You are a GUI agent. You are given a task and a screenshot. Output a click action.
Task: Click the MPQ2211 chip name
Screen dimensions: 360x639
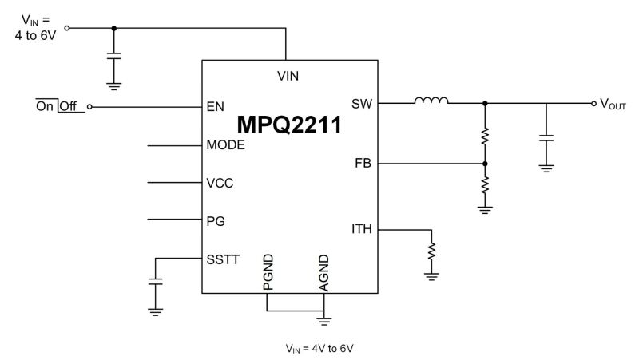(289, 125)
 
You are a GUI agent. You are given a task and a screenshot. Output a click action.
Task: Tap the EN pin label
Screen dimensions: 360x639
(214, 105)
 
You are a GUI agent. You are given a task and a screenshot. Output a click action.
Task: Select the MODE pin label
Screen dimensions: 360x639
(225, 145)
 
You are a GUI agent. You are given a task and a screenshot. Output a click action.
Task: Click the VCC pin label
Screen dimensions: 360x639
(220, 182)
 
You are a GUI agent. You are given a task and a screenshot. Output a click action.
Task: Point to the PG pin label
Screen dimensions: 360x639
(215, 220)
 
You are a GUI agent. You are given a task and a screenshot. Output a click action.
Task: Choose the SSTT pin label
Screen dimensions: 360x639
(222, 259)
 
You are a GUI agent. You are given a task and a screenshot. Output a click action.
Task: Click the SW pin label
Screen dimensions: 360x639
(362, 104)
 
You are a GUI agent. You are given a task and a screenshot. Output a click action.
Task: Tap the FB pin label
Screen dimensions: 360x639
(363, 164)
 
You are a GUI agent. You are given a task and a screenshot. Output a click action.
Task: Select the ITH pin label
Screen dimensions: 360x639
(361, 230)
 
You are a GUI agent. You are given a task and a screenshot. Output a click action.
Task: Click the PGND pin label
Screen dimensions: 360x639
(268, 272)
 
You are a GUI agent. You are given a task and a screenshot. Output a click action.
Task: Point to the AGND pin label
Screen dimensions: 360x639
(323, 272)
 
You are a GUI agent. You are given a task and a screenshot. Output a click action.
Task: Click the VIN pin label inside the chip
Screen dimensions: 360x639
(288, 77)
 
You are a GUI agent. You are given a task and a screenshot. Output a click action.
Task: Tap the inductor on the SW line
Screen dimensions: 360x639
(431, 101)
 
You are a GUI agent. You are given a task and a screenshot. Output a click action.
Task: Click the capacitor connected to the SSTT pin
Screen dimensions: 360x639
(156, 283)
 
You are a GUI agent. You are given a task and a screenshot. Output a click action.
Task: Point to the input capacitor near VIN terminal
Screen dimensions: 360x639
(114, 57)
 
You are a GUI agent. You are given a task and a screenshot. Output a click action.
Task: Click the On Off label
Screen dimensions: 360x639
(60, 106)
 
